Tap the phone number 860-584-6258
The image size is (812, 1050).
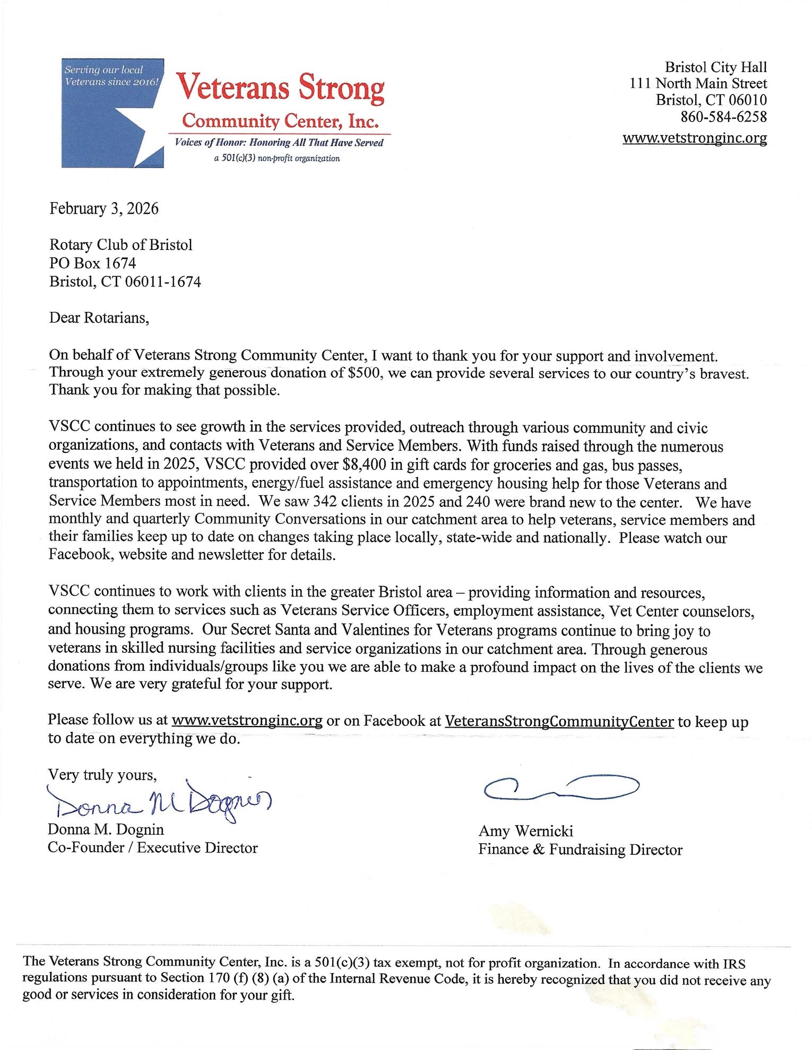723,116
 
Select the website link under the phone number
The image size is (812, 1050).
695,138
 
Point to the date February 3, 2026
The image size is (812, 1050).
104,208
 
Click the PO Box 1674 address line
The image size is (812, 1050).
92,262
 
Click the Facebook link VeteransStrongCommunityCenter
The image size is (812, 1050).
559,721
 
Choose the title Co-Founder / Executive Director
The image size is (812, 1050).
152,848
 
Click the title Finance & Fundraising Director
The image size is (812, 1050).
580,850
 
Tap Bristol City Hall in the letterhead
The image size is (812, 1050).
716,67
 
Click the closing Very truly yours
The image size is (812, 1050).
102,775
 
